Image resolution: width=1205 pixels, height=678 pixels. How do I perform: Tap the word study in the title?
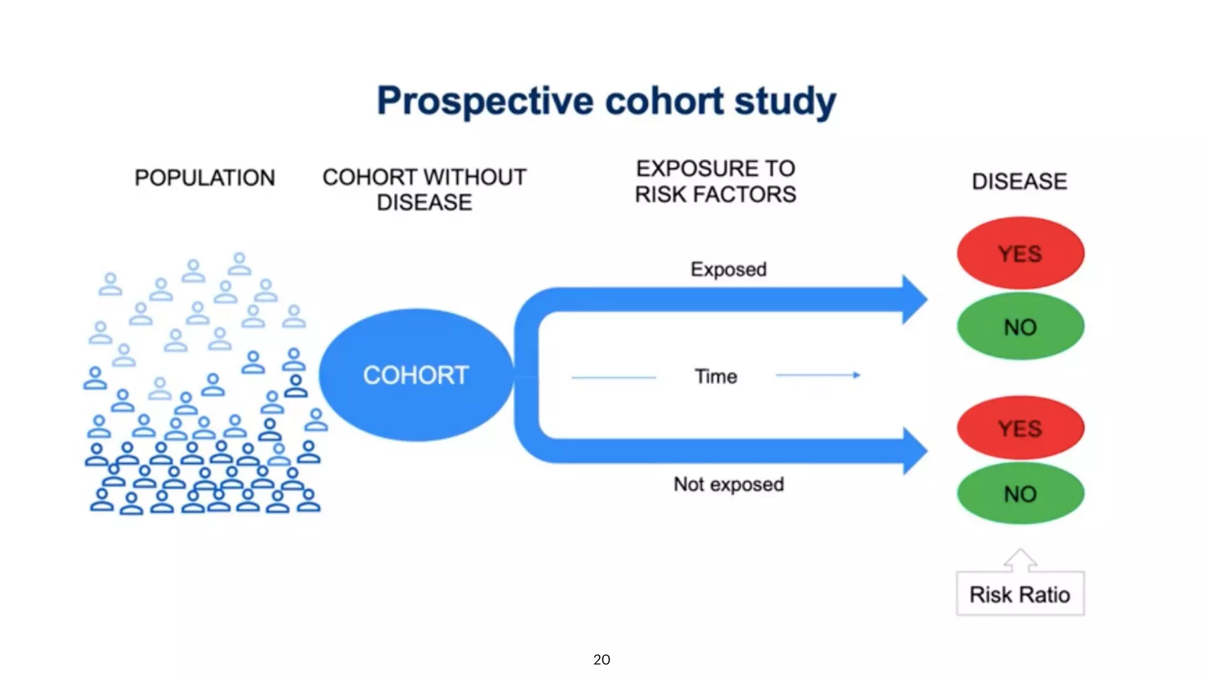785,101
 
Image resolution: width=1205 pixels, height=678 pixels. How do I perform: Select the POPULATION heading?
204,178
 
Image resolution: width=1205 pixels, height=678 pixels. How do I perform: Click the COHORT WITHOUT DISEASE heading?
424,189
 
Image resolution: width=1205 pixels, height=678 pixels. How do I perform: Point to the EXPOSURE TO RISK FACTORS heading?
715,181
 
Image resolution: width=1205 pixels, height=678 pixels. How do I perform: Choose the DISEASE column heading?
1019,181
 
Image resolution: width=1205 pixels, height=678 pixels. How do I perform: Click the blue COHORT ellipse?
416,375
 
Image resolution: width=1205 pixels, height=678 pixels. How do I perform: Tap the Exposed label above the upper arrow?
728,270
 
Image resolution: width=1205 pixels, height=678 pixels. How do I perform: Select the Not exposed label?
728,484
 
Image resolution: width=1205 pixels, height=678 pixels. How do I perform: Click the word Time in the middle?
715,376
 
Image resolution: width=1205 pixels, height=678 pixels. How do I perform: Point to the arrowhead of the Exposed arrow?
914,300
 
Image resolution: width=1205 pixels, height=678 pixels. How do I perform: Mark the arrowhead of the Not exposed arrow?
914,451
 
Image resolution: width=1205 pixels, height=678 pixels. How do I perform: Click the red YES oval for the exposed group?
1020,254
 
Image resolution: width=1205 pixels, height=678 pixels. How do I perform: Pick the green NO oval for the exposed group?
1020,327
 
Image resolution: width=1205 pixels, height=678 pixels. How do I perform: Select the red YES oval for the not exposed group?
1020,428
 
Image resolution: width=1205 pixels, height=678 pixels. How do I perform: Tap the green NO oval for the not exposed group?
1020,494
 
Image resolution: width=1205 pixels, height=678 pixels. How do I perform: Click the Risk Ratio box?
1020,594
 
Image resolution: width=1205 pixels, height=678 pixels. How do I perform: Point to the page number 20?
601,660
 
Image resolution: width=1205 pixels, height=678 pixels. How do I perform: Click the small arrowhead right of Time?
857,375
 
